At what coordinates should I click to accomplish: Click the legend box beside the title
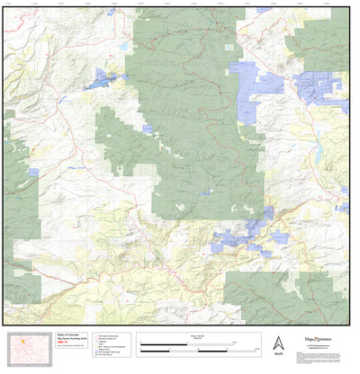tap(112, 346)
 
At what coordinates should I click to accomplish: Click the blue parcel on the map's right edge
tap(342, 208)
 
